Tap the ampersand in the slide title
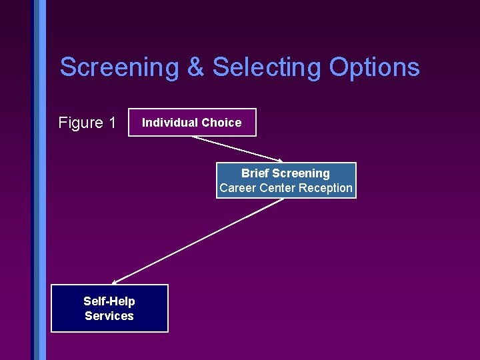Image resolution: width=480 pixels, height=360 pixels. pos(195,67)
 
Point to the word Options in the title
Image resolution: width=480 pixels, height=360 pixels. pos(374,67)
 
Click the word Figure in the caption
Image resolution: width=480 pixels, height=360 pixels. pos(80,123)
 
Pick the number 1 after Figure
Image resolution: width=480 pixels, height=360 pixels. pos(112,123)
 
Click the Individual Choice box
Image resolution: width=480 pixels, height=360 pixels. pos(192,123)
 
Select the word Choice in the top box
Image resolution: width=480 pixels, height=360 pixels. pos(221,123)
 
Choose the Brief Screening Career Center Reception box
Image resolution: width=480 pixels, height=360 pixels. pos(286,181)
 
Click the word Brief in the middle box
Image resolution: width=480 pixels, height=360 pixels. pos(255,173)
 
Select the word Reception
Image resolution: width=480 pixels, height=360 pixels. pos(325,188)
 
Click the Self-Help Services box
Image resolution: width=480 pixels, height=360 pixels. pos(109,309)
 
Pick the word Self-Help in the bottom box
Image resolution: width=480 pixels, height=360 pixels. pos(109,301)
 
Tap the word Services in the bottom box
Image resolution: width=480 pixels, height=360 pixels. pos(109,316)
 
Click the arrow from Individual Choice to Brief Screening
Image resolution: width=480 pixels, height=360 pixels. pos(237,149)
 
